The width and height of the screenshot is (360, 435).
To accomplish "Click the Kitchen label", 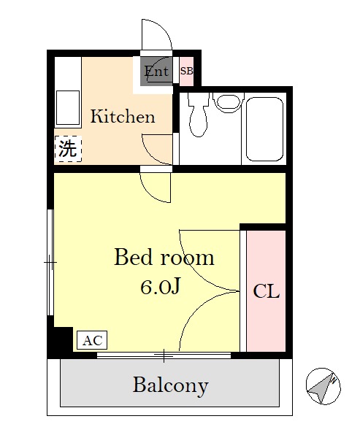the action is [123, 117].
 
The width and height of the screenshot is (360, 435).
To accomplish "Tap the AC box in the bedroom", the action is [92, 340].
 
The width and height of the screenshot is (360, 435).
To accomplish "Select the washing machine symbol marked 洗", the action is [68, 149].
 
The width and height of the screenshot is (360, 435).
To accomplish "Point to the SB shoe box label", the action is [186, 71].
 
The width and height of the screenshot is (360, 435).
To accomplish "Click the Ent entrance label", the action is [156, 72].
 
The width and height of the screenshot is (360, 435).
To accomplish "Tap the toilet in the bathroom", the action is [198, 115].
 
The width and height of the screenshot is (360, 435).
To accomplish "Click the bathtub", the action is [264, 129].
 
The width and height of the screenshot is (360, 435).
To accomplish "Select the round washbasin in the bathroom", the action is [228, 101].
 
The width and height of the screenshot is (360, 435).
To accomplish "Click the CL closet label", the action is [267, 291].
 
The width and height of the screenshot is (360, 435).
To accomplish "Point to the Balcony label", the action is [170, 385].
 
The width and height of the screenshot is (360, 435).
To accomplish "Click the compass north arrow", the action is [323, 386].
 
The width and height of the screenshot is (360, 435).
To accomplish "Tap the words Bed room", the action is [164, 257].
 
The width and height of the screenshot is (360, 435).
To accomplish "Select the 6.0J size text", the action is [160, 287].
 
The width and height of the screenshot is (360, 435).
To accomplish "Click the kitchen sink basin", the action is [68, 108].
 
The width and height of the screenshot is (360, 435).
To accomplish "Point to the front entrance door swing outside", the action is [157, 35].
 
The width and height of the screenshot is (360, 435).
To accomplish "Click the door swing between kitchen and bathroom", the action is [158, 150].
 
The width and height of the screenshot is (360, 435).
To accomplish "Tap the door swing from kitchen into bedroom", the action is [155, 188].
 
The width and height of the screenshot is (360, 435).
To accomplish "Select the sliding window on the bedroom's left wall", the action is [50, 262].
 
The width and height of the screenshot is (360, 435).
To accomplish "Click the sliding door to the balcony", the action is [164, 355].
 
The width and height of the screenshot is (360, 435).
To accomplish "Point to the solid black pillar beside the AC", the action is [60, 339].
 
